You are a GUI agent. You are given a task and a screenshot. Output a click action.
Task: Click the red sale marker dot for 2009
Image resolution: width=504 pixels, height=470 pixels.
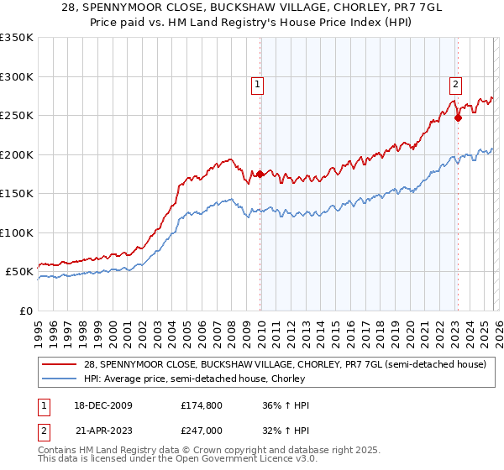click(260, 175)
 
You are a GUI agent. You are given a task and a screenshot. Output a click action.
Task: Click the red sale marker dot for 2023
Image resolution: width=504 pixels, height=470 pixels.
click(458, 118)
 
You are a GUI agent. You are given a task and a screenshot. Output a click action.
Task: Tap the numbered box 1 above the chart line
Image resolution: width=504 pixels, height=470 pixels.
click(256, 83)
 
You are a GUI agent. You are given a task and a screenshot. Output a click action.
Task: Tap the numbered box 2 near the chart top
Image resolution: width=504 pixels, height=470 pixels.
click(454, 83)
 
